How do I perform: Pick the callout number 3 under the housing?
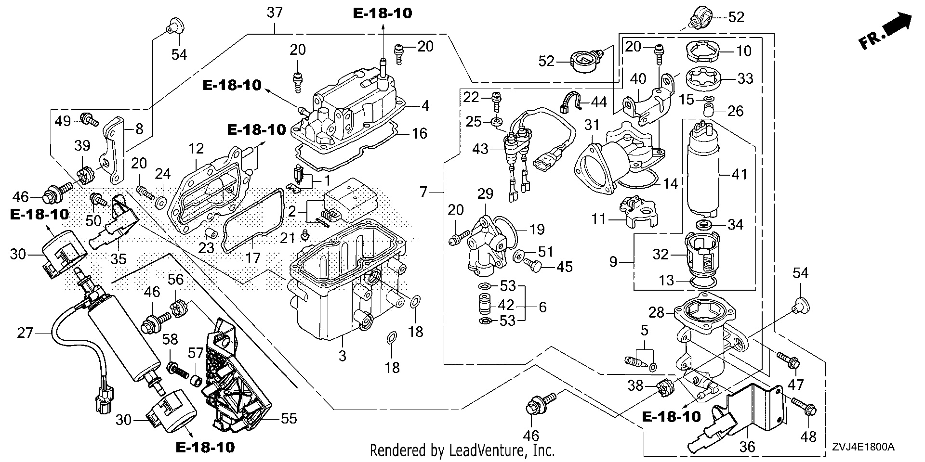click(342, 357)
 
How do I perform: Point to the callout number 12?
click(197, 149)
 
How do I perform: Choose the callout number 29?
click(486, 194)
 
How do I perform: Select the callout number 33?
click(745, 78)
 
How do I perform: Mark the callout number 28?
click(657, 313)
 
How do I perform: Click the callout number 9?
click(613, 263)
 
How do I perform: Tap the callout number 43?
click(480, 149)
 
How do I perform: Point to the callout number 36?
click(748, 447)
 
